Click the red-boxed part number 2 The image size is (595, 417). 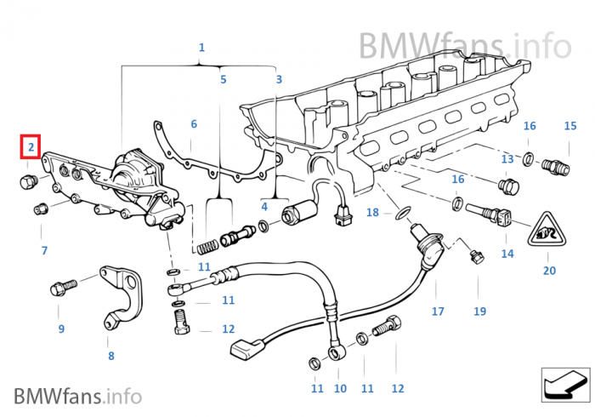[31, 147]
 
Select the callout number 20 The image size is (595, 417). [549, 271]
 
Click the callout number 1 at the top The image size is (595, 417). [201, 48]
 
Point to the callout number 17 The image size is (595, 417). [438, 311]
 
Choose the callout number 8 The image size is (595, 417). [110, 356]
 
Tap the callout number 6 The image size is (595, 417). [194, 124]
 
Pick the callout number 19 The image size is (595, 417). [479, 311]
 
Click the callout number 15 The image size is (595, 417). [570, 126]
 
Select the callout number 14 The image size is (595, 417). [507, 254]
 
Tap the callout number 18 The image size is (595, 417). [372, 212]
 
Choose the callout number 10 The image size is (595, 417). [340, 389]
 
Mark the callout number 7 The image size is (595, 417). [44, 250]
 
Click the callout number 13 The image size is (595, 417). [507, 159]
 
